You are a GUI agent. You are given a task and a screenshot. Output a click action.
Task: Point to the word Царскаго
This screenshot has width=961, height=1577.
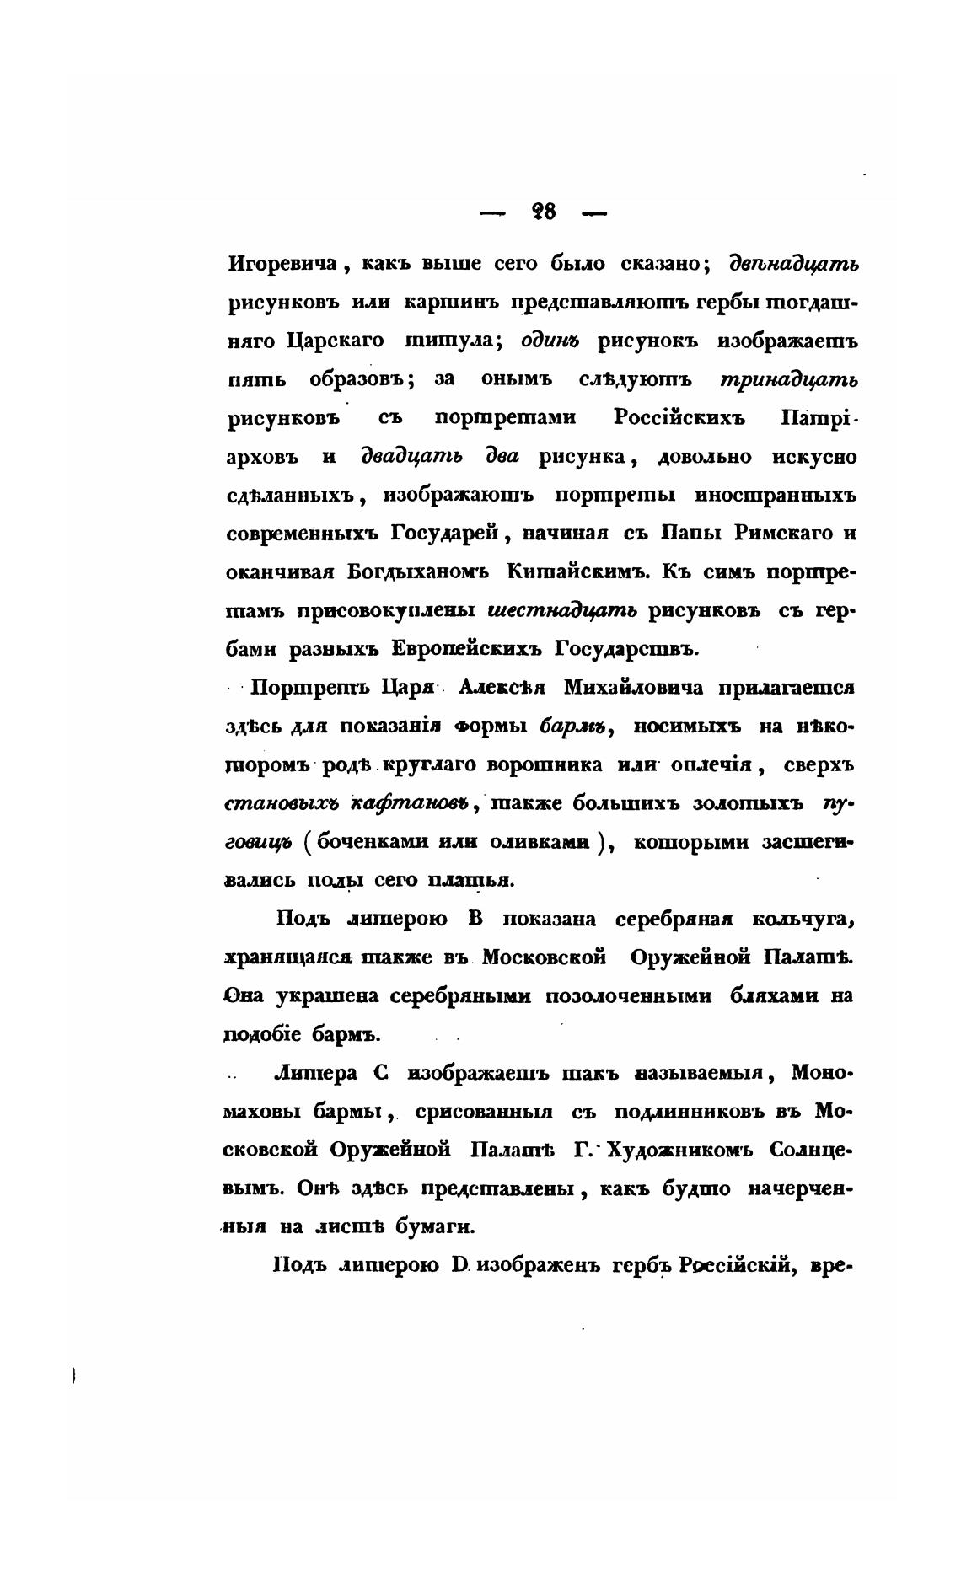pyautogui.click(x=336, y=341)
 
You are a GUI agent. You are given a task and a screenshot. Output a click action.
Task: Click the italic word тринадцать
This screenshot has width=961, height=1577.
pyautogui.click(x=789, y=379)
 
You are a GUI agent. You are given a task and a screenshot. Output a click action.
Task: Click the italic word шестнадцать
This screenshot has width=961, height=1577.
pyautogui.click(x=562, y=610)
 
